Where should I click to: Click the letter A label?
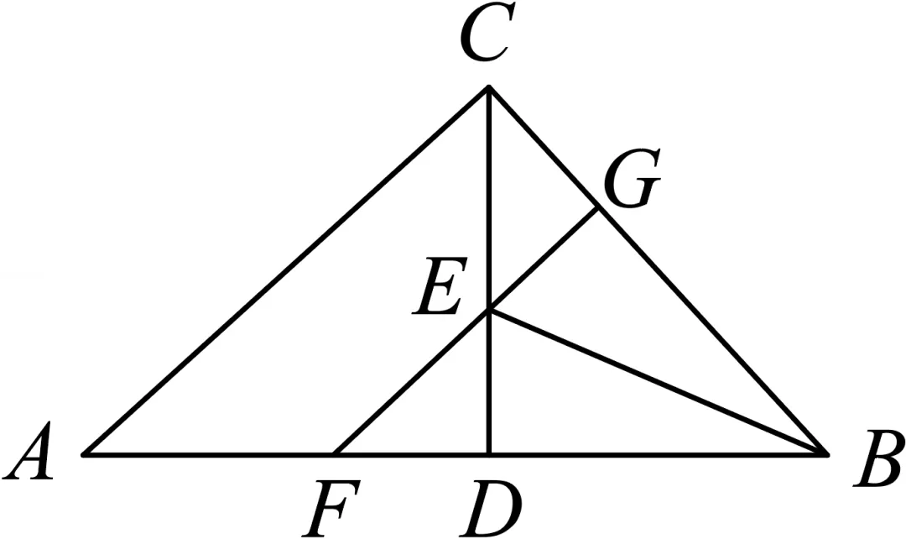point(29,451)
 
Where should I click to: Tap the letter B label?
point(878,458)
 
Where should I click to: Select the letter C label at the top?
point(484,33)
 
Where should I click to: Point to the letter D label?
point(491,507)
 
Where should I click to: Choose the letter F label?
point(331,507)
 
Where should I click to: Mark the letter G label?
point(633,179)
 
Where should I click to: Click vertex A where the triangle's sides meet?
point(84,454)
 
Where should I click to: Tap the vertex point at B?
point(827,454)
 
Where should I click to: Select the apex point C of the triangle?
point(489,86)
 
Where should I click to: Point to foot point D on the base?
point(489,454)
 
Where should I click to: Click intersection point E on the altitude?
point(489,311)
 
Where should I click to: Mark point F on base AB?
point(335,454)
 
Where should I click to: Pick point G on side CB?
point(597,209)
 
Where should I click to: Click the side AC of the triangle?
point(286,270)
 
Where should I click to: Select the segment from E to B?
point(659,383)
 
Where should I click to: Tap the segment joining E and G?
point(543,260)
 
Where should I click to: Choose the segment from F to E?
point(412,383)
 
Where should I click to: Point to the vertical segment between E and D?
point(489,383)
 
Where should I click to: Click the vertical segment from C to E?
point(489,198)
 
